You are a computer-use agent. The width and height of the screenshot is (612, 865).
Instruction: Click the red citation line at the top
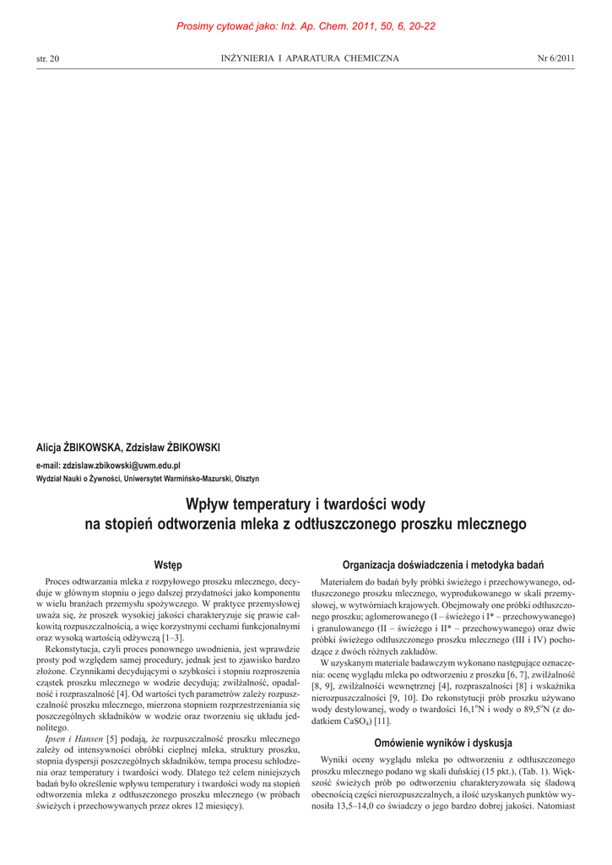click(x=306, y=26)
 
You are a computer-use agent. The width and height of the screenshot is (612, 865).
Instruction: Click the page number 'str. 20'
click(x=48, y=58)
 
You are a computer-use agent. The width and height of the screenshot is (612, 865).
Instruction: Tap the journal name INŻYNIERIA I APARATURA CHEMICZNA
click(x=310, y=58)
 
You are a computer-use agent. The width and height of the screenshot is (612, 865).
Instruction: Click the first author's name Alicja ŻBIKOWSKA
click(x=80, y=448)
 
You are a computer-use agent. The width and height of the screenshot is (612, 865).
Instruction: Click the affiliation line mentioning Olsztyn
click(x=147, y=478)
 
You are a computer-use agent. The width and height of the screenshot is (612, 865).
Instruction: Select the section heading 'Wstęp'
click(x=168, y=564)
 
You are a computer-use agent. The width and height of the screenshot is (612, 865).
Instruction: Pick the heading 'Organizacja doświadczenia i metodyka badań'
click(x=442, y=564)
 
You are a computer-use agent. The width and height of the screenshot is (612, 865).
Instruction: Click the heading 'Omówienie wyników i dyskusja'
click(x=442, y=743)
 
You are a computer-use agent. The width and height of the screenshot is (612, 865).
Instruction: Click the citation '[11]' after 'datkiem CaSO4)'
click(x=382, y=721)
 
